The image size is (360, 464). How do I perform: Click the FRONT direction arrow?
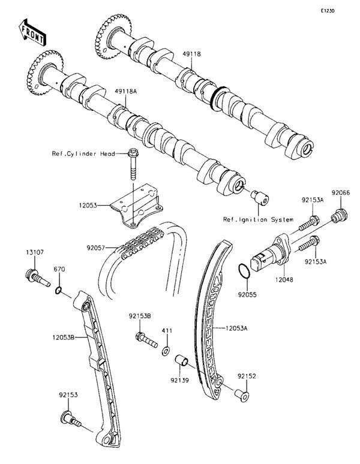(32, 32)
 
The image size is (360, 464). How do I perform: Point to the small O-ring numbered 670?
(59, 291)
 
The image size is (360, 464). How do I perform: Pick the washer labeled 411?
(166, 351)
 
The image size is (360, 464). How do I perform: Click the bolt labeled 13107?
(38, 278)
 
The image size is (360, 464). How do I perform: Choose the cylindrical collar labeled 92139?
(181, 360)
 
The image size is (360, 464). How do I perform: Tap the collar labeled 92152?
(242, 395)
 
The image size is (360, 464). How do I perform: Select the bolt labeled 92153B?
(146, 340)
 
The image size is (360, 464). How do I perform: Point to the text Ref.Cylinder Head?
(83, 153)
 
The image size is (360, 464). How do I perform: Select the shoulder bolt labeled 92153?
(70, 419)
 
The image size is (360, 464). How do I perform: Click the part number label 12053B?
(64, 337)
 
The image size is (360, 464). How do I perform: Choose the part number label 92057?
(95, 248)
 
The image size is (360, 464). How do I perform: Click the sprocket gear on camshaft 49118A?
(45, 73)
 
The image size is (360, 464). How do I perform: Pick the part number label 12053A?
(236, 328)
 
